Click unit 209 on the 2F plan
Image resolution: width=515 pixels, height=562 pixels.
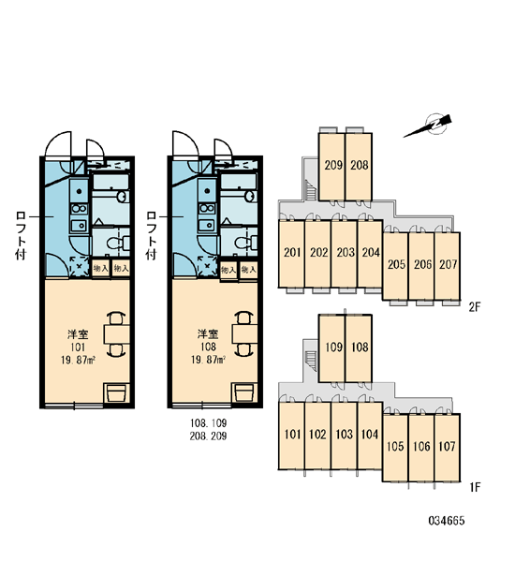coord(331,167)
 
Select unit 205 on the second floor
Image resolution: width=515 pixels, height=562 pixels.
coord(396,266)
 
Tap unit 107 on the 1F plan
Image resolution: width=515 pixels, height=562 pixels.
coord(447,448)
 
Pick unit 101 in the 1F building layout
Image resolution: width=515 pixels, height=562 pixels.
coord(292,436)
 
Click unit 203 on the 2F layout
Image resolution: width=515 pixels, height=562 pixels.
coord(345,254)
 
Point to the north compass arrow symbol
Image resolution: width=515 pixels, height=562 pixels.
coord(428,127)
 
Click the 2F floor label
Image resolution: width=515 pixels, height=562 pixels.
coord(474,307)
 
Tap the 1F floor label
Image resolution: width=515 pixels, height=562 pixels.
coord(474,487)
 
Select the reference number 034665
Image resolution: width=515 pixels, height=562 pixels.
coord(447,521)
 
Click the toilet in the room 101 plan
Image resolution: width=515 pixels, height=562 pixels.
coord(118,243)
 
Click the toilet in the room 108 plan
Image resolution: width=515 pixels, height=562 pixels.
coord(246,243)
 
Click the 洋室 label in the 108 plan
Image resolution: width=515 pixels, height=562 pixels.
coord(208,334)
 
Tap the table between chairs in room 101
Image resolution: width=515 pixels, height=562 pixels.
coord(117,334)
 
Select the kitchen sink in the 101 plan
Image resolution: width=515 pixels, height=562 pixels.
coord(79,225)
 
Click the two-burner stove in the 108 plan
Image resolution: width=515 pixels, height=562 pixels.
coord(207,208)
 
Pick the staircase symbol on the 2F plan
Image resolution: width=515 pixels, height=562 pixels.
coord(311,190)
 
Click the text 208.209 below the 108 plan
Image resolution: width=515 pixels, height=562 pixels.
coord(209,436)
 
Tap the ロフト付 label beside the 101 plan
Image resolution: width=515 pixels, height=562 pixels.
coord(21,235)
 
